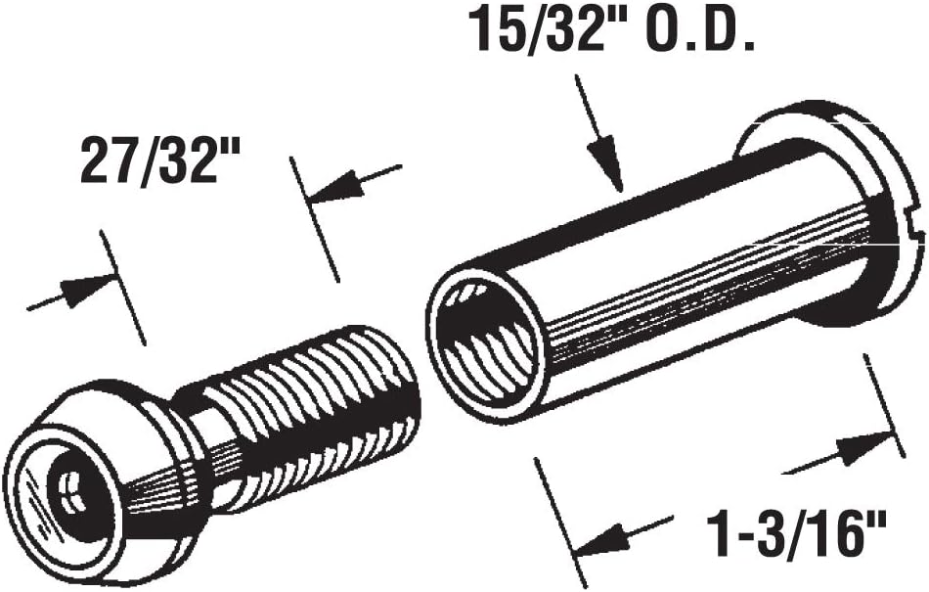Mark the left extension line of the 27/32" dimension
pos(123,288)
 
